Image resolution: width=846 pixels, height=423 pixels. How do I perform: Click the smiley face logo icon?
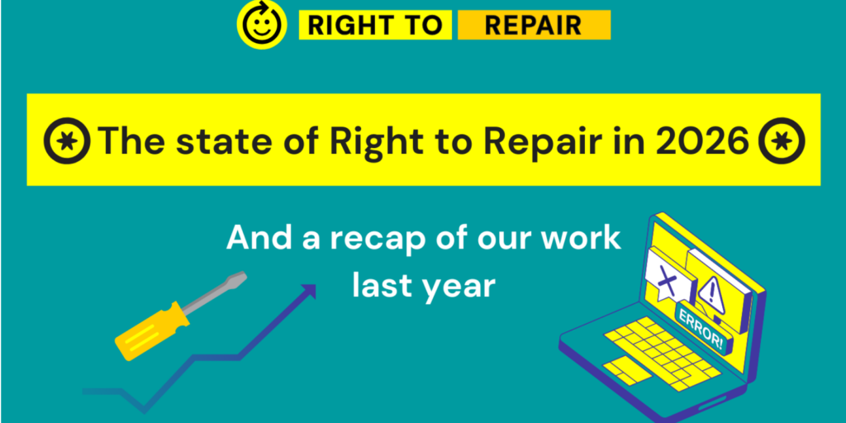point(261,23)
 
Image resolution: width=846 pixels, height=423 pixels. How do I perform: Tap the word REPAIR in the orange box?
point(533,26)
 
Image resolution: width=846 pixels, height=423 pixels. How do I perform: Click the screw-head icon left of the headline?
point(67,140)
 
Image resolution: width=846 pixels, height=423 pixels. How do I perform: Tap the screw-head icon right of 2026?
point(782,140)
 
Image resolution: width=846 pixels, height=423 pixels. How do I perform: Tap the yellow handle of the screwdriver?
point(152,330)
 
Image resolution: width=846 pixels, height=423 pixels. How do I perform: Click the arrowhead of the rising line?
point(309,292)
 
